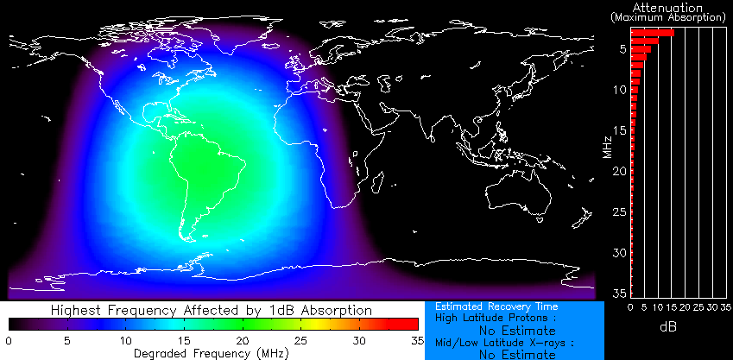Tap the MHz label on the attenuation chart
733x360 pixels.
(608, 137)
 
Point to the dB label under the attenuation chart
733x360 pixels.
(668, 328)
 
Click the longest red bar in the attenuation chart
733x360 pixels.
(653, 32)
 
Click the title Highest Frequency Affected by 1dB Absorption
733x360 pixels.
(212, 309)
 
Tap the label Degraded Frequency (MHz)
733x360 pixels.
(212, 353)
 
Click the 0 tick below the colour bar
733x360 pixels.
(9, 341)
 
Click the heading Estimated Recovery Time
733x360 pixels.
(496, 306)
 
